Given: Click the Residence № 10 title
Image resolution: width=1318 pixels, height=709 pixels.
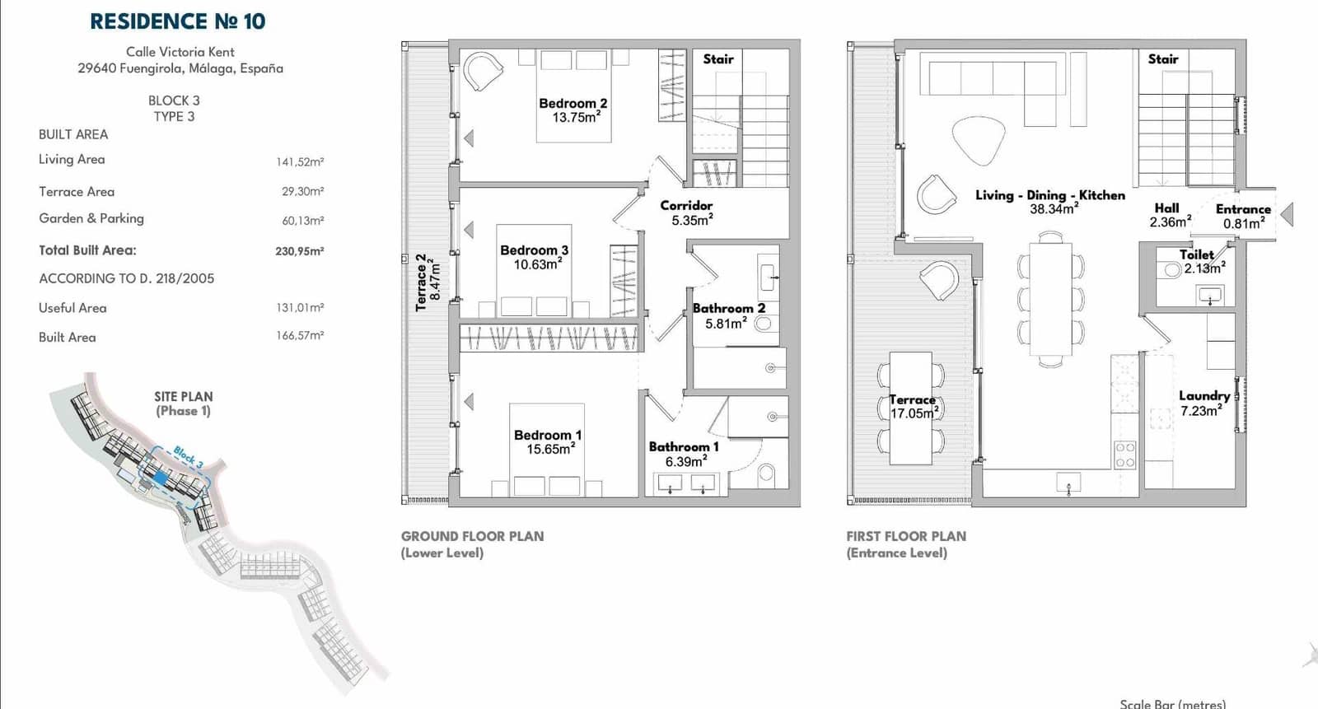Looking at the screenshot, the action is [x=178, y=21].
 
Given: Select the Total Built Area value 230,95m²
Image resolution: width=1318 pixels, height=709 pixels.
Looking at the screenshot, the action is [x=300, y=251].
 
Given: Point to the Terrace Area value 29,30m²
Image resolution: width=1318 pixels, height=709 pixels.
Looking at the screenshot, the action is [x=302, y=191].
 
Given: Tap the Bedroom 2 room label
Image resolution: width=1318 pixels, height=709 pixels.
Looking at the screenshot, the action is [x=573, y=104].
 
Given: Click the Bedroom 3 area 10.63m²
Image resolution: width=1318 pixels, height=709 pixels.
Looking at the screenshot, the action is [x=537, y=264].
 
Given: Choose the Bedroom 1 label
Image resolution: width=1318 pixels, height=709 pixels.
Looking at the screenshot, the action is [x=548, y=435].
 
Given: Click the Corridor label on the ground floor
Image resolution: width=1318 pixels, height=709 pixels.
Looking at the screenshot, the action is [x=686, y=205].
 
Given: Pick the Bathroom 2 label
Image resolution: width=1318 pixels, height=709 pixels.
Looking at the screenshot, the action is [x=729, y=308].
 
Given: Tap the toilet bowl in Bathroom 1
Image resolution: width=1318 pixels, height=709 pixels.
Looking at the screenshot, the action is [x=766, y=473].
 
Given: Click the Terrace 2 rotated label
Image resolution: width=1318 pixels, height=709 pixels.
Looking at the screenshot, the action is [x=421, y=282].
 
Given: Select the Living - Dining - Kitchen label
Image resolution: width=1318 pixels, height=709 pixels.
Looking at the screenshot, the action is [x=1050, y=195].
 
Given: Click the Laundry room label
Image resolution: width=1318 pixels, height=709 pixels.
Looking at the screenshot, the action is [x=1204, y=396].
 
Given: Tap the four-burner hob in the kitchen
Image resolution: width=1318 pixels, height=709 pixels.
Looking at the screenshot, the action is [x=1125, y=455].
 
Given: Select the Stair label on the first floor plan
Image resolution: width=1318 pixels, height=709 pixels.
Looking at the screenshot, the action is [x=1163, y=58].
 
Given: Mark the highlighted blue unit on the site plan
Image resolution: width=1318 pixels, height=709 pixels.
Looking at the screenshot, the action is [x=160, y=478].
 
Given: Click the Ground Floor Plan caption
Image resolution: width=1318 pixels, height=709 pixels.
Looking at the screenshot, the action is [x=473, y=537].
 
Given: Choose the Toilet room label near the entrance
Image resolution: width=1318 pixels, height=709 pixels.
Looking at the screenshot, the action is [x=1196, y=254].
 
